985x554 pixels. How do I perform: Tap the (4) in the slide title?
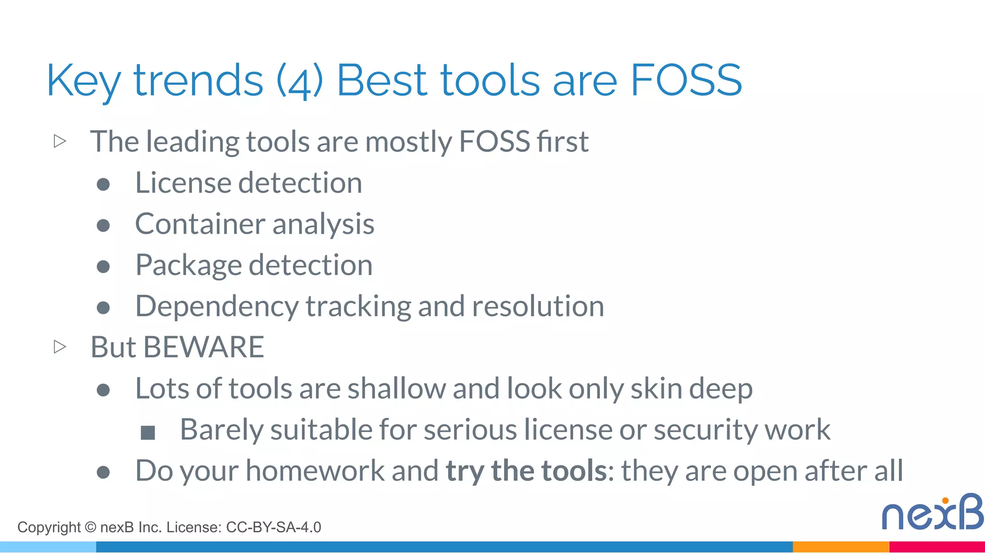coord(300,81)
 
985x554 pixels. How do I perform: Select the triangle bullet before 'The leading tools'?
coord(60,141)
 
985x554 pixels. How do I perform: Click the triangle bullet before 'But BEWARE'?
coord(60,347)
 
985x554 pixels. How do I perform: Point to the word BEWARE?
coord(203,347)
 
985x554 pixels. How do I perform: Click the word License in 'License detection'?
coord(184,183)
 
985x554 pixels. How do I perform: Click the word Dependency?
coord(217,306)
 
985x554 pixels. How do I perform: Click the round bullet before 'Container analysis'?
coord(103,225)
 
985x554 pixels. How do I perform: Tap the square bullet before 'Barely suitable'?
coord(148,433)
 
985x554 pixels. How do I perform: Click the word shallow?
coord(397,388)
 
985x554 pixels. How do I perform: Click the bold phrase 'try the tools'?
coord(526,470)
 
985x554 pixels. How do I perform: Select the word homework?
coord(315,470)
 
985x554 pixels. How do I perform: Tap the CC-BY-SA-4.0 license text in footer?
coord(273,528)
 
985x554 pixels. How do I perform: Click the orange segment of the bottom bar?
coord(840,547)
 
